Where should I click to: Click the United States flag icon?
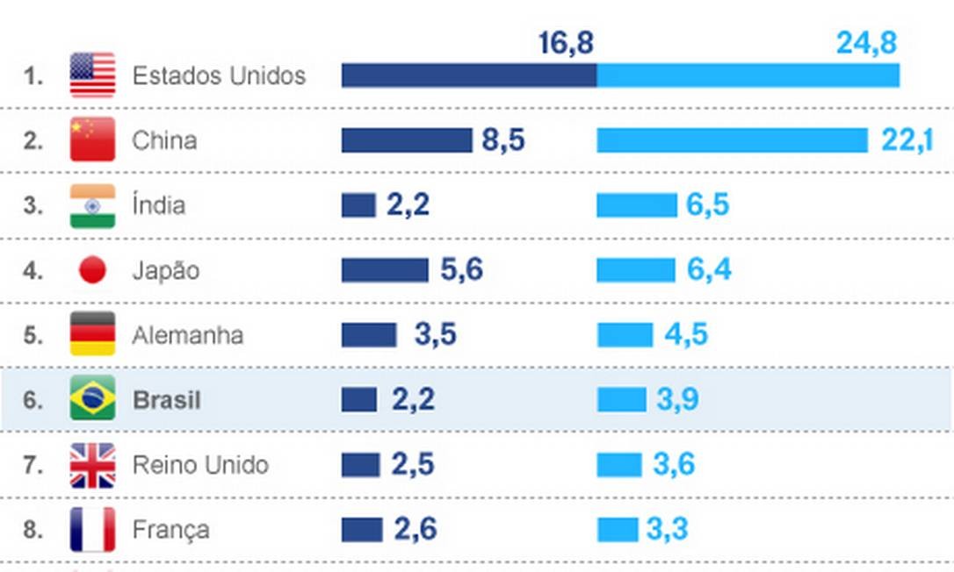92,75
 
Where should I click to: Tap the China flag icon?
92,139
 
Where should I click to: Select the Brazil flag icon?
92,399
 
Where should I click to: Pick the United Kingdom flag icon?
92,465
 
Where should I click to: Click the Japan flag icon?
92,270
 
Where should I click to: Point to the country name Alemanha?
187,335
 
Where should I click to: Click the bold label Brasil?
167,400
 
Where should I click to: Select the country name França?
170,530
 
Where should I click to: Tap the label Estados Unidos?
219,76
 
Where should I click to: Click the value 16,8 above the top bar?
566,43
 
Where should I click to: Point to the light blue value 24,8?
866,43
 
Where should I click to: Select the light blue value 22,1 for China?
907,139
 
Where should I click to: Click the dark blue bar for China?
407,140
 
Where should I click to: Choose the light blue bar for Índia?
636,205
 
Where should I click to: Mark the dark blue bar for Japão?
385,270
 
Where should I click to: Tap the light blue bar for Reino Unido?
619,465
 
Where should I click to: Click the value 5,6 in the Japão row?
461,270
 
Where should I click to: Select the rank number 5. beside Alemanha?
33,335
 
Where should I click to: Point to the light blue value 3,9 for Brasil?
678,400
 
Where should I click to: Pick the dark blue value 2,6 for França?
416,530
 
